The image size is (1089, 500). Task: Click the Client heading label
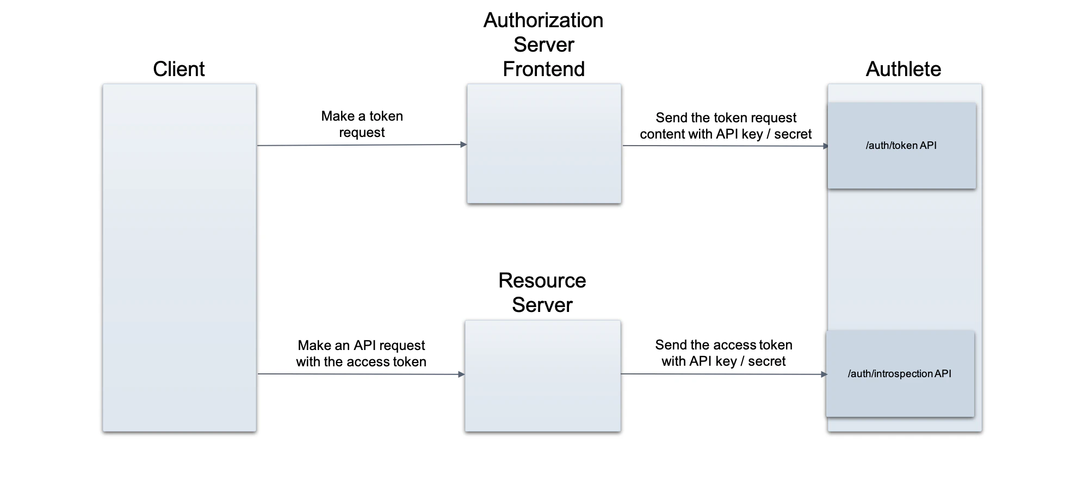pos(178,69)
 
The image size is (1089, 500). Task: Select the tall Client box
pos(179,258)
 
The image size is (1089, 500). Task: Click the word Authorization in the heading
pos(543,21)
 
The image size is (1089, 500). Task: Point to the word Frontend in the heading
pos(543,70)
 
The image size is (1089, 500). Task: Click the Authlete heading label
pos(903,69)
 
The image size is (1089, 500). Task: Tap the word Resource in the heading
pos(542,280)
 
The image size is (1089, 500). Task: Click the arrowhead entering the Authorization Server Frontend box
pos(464,145)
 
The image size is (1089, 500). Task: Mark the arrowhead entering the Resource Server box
pos(462,374)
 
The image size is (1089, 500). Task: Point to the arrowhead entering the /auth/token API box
pos(825,146)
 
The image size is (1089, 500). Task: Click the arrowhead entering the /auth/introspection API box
pos(824,374)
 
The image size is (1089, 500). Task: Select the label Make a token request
pos(362,124)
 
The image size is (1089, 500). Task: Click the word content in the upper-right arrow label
pos(661,134)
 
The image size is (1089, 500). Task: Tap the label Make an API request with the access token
pos(361,353)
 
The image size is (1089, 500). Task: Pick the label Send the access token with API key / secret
pos(723,353)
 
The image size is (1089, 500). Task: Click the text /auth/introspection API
pos(899,373)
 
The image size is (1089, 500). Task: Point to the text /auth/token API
pos(901,145)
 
